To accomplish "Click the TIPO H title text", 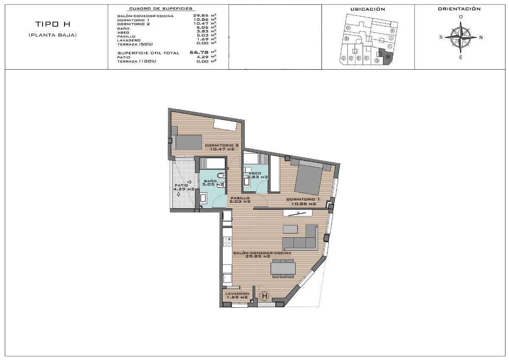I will (52, 25).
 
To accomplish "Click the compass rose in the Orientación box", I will (461, 37).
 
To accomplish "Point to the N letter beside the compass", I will (481, 37).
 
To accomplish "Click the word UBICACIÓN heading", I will (368, 9).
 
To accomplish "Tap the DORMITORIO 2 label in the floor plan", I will (222, 147).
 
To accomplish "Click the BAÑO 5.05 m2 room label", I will (213, 183).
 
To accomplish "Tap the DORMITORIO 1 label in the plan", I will (303, 202).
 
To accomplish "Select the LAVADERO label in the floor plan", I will (237, 295).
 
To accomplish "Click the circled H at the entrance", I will (264, 296).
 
